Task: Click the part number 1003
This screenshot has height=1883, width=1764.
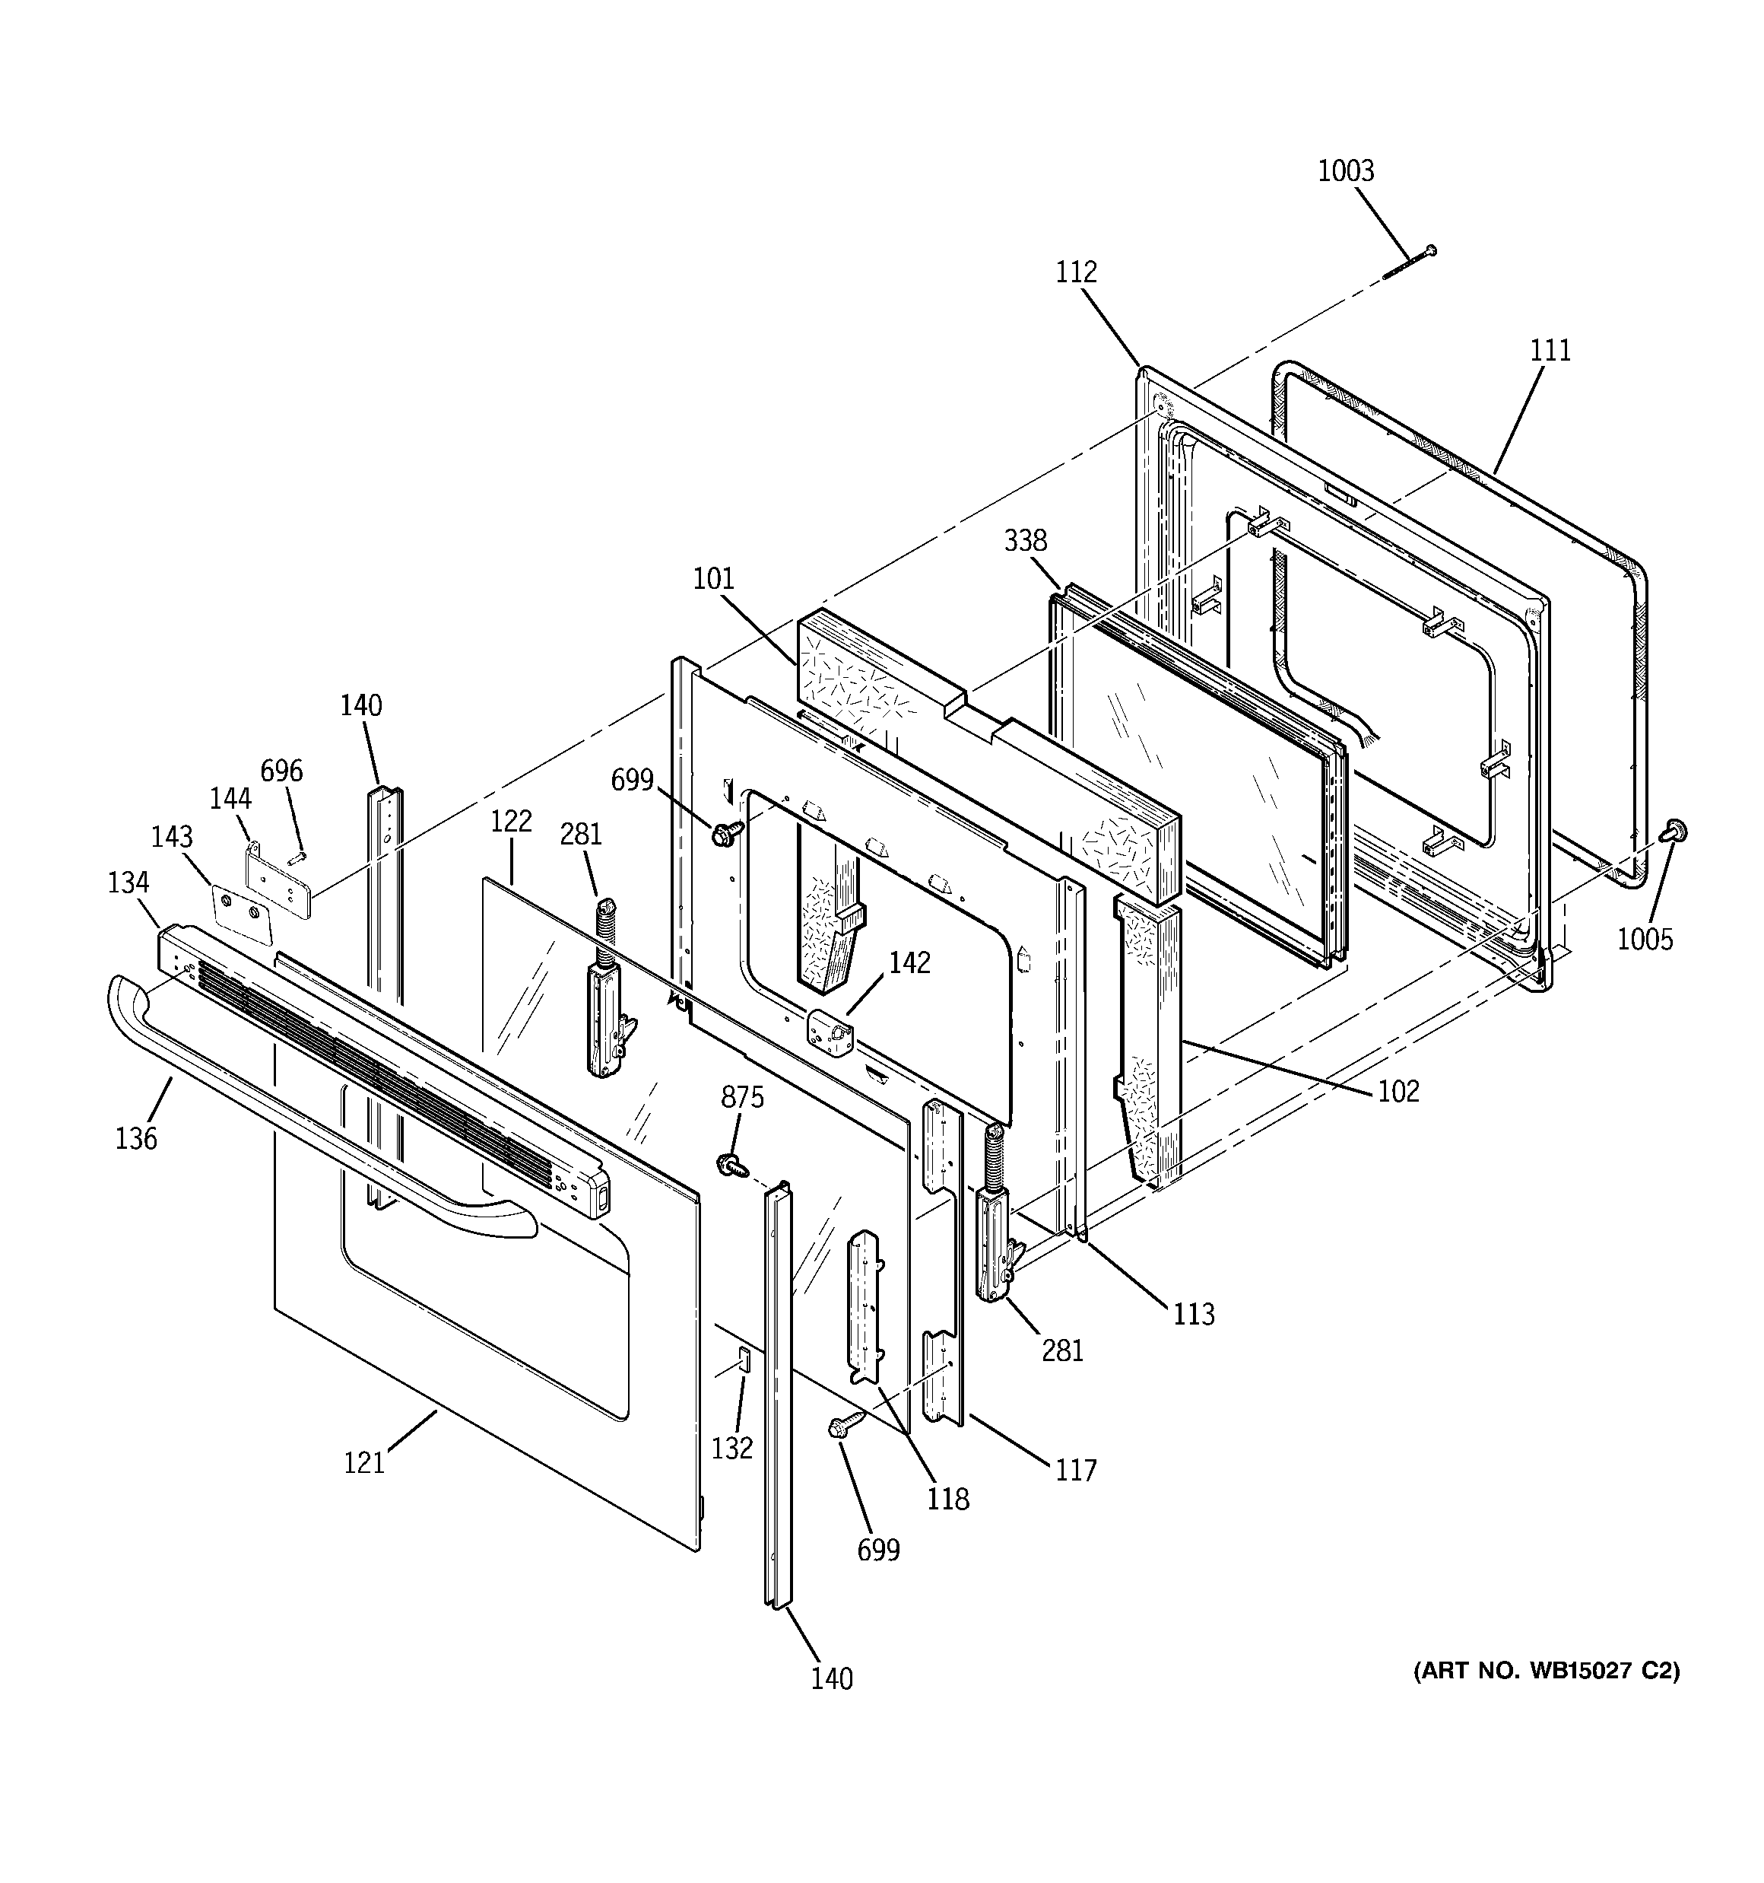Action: [1346, 171]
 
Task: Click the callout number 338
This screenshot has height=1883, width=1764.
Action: [1026, 541]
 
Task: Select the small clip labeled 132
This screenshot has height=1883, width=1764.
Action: [744, 1360]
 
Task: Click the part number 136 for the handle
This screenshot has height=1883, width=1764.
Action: [135, 1138]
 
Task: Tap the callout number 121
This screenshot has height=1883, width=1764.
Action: [363, 1463]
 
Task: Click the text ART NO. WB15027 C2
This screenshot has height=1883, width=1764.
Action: [1547, 1671]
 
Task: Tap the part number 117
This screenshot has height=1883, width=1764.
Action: [1076, 1470]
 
